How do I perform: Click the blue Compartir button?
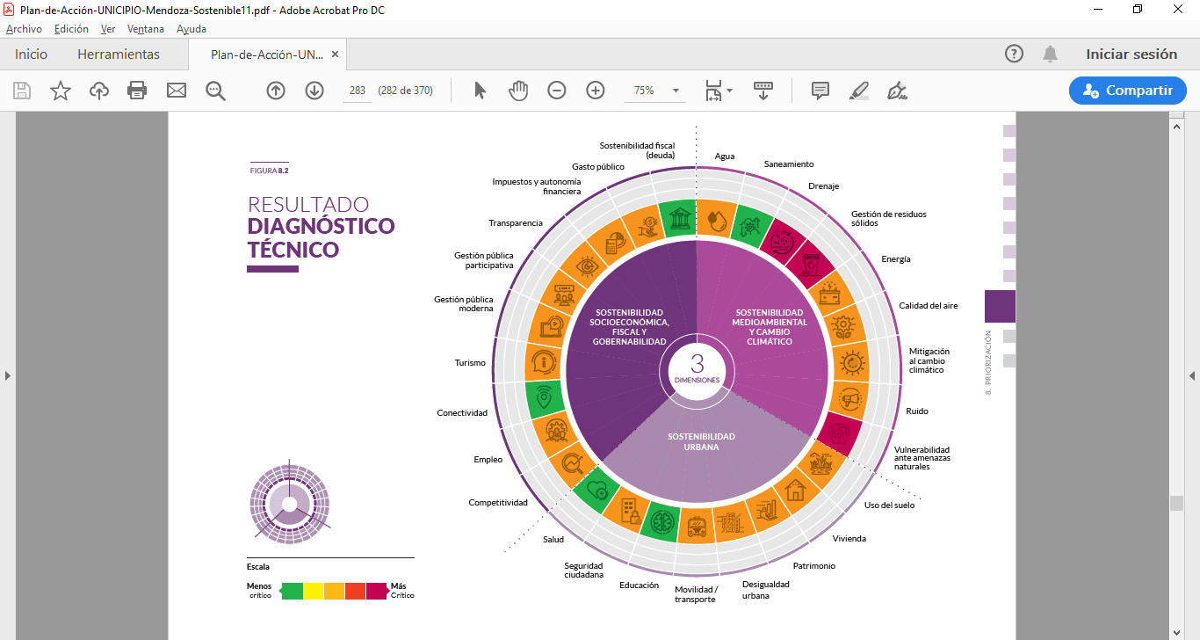click(x=1127, y=90)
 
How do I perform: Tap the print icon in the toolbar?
click(x=137, y=90)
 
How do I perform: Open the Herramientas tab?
click(x=119, y=55)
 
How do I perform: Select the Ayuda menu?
click(x=192, y=29)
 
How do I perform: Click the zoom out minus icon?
click(x=557, y=90)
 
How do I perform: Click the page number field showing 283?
click(x=358, y=90)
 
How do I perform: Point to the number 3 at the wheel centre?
click(x=697, y=364)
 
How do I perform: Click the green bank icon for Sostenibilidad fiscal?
click(x=679, y=218)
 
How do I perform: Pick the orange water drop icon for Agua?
click(x=716, y=219)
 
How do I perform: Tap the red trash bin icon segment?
click(x=812, y=265)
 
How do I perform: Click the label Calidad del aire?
click(x=928, y=306)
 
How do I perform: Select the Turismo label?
click(x=470, y=363)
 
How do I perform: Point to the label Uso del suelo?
click(x=889, y=505)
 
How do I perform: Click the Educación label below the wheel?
click(x=640, y=585)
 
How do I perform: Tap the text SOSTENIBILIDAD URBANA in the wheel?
click(x=701, y=441)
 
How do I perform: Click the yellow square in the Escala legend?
click(x=314, y=591)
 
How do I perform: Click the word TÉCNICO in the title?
click(x=293, y=250)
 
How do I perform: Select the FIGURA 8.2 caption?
click(x=270, y=171)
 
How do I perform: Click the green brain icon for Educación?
click(x=662, y=520)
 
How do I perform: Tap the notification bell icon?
click(x=1050, y=55)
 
